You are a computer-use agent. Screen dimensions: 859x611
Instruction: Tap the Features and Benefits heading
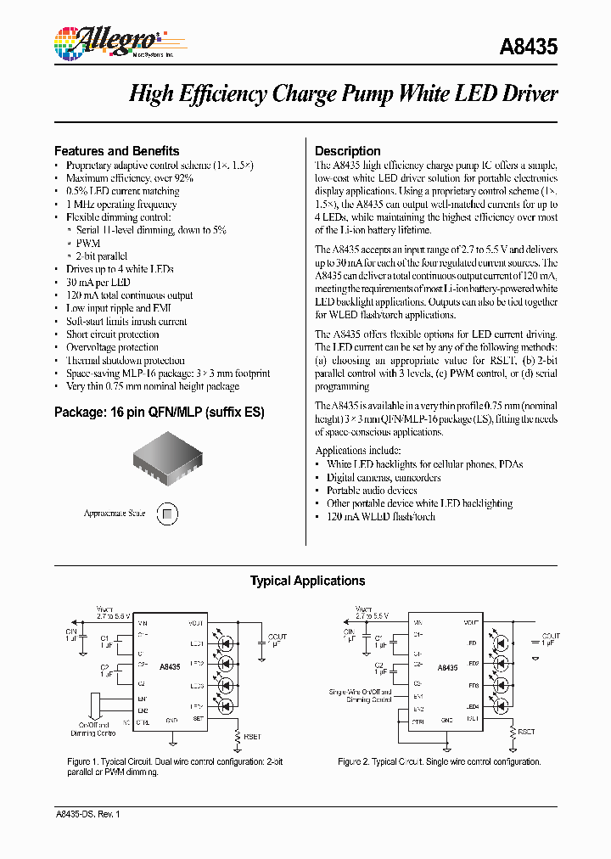116,150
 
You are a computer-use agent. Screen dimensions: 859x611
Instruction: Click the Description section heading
347,151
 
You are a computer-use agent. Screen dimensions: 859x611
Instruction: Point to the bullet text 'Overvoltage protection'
112,347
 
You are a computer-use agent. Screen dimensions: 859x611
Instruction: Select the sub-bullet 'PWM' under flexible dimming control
88,244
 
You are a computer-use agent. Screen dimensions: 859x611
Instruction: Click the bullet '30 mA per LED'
98,283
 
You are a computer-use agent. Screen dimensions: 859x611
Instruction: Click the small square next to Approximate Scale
168,514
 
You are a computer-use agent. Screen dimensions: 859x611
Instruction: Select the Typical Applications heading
307,581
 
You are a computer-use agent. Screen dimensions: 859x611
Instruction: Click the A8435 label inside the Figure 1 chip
170,667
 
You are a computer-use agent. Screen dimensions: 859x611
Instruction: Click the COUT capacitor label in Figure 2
550,636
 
